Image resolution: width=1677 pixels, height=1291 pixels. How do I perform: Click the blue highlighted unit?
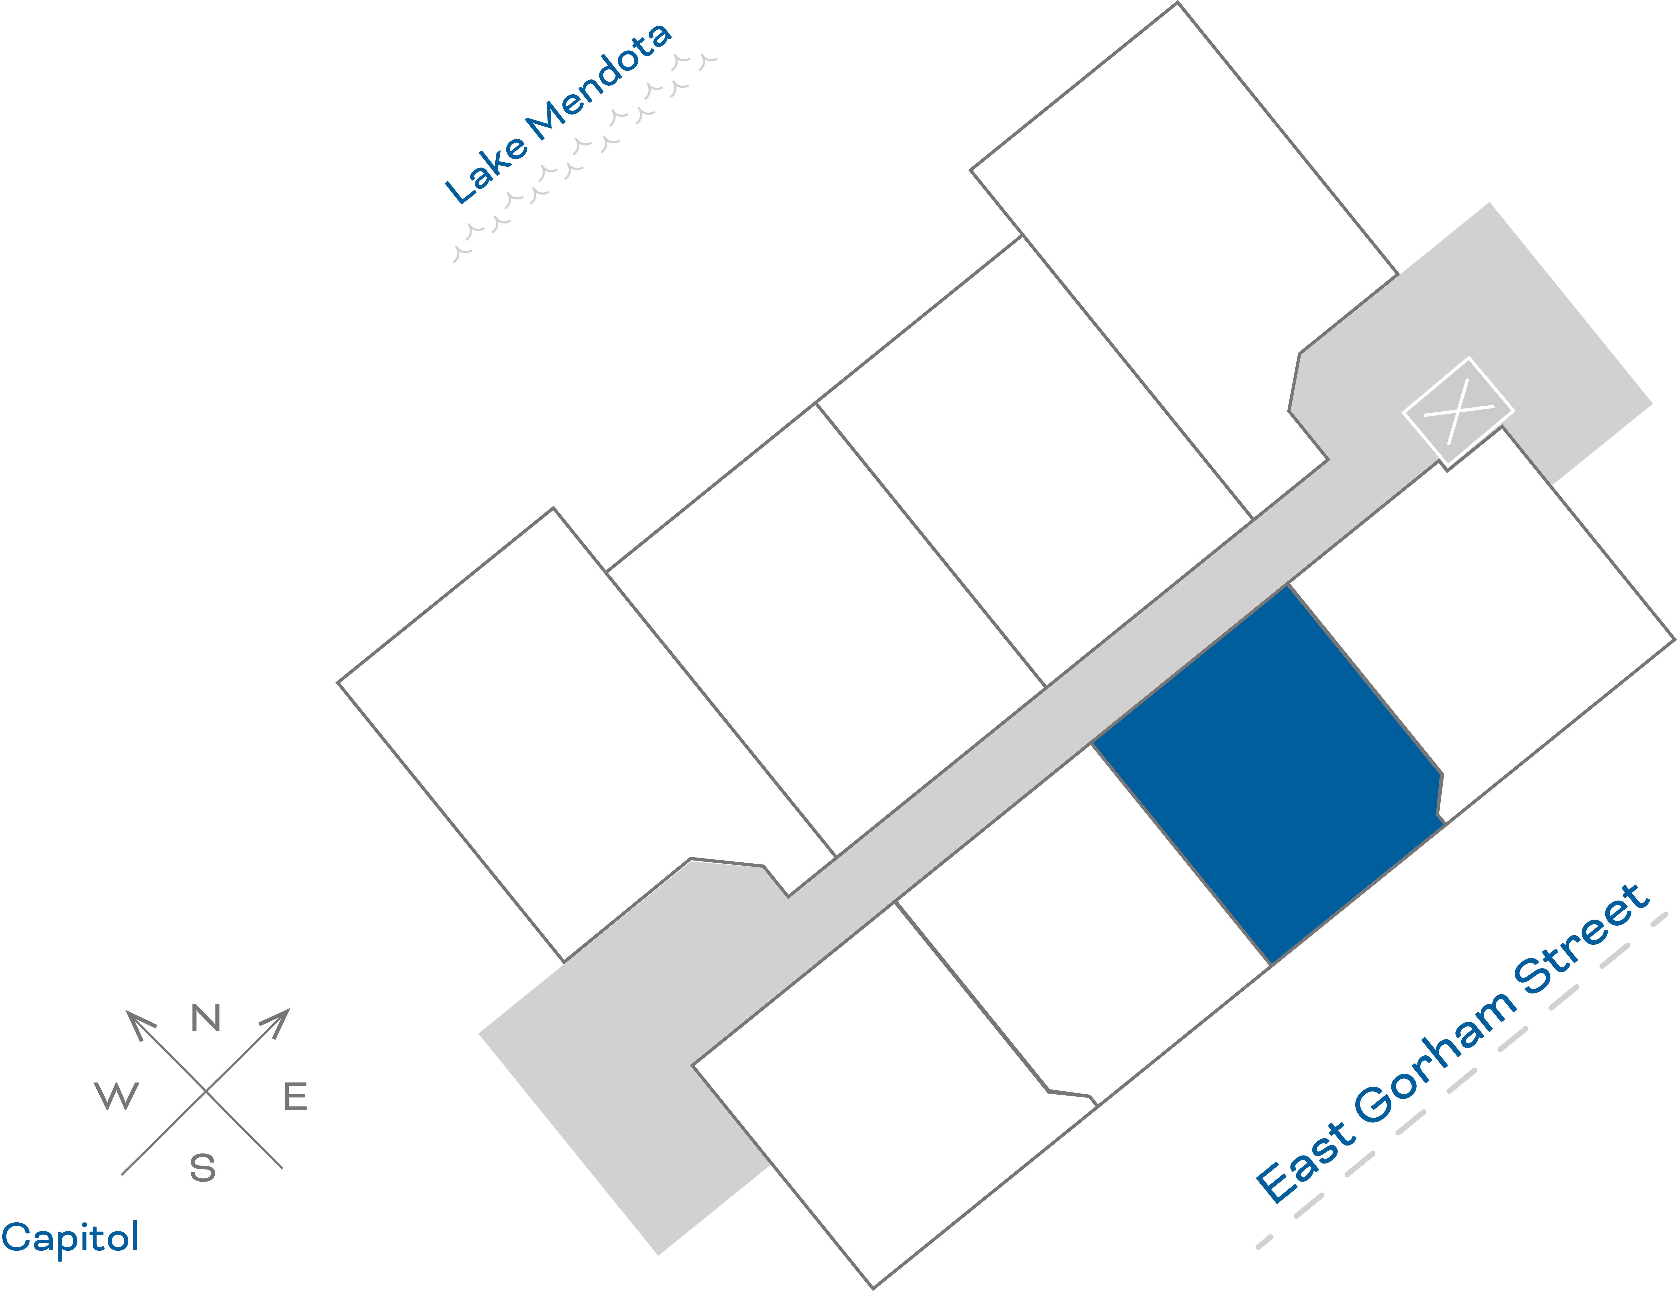point(1267,776)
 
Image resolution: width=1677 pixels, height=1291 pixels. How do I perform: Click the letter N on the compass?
point(206,1018)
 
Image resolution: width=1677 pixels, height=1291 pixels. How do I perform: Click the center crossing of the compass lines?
point(206,1090)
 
